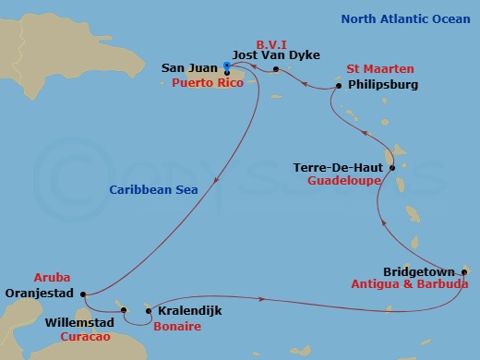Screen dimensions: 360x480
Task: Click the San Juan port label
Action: tap(189, 67)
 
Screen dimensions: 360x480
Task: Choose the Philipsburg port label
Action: tap(384, 85)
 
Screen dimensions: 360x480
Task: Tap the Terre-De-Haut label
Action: tap(340, 168)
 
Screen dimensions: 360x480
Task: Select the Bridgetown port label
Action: tap(419, 271)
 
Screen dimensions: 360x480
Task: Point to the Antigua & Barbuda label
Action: tap(410, 284)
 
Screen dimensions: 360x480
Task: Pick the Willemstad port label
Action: tap(78, 325)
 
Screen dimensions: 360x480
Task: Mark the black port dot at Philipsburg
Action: tap(340, 86)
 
